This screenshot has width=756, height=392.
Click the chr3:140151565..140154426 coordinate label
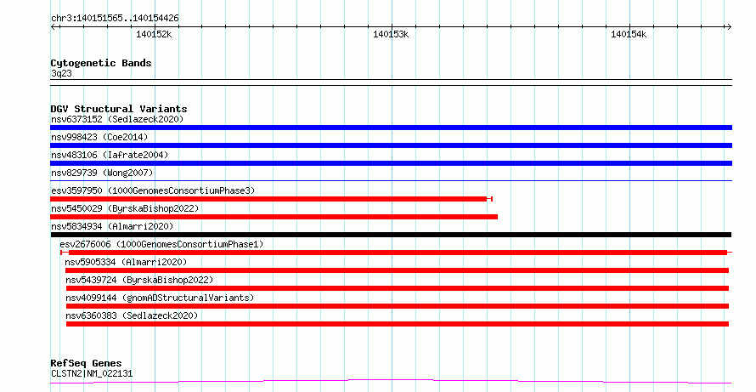click(x=115, y=19)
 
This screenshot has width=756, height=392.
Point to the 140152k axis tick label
click(x=154, y=34)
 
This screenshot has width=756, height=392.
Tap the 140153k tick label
click(x=391, y=34)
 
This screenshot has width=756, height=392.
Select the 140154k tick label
click(x=629, y=34)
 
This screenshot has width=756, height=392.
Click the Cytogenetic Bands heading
click(x=101, y=63)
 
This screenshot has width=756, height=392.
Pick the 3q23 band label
click(x=61, y=73)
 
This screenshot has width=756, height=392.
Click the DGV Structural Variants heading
click(x=119, y=109)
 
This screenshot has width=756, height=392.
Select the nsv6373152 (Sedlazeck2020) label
click(x=117, y=119)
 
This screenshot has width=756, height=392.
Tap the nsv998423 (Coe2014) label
click(x=99, y=137)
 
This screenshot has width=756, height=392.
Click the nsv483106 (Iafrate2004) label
click(x=110, y=155)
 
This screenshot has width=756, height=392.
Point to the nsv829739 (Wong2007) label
click(x=102, y=173)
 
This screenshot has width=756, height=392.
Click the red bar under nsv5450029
click(x=274, y=217)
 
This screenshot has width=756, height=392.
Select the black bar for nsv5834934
click(x=391, y=235)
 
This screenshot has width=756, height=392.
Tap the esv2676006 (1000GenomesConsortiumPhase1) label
click(x=161, y=244)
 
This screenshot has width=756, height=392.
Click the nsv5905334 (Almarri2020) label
click(x=126, y=262)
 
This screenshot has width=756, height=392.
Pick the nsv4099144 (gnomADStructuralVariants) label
click(x=160, y=298)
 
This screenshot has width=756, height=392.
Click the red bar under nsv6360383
click(x=398, y=324)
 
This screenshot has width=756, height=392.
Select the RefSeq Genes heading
click(x=86, y=363)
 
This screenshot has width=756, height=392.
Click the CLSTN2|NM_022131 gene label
click(x=92, y=373)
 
